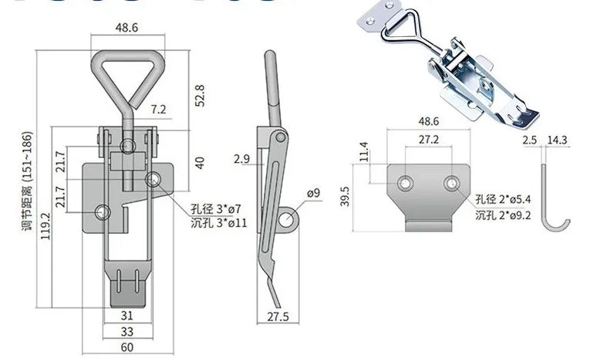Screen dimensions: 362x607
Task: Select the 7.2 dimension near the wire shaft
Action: click(158, 110)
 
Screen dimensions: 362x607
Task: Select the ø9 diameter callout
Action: click(312, 192)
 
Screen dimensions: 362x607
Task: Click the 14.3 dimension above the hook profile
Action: click(557, 140)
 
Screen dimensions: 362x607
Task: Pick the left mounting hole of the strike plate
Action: click(404, 183)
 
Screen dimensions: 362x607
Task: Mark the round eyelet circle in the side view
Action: click(288, 218)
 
